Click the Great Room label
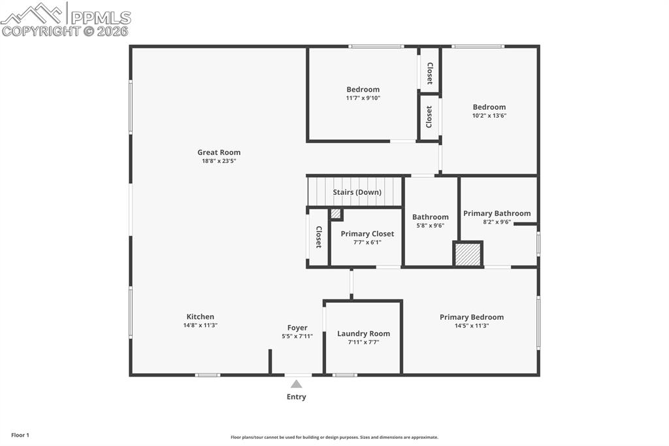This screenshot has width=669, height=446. [219, 152]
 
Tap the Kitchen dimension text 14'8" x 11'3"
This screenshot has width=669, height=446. [200, 325]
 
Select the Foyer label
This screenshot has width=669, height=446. [297, 328]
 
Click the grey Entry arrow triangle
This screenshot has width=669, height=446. [297, 384]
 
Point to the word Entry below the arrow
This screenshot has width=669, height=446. [296, 397]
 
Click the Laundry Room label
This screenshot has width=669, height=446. [363, 334]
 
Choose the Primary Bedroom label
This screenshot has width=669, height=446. [471, 317]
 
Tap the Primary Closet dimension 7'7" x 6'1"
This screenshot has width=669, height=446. [367, 242]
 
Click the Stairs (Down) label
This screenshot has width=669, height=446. [357, 192]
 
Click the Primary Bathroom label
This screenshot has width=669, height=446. [497, 213]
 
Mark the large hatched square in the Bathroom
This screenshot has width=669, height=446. [468, 254]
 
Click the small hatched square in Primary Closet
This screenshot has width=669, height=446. [335, 213]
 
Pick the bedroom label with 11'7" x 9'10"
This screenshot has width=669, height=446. [363, 90]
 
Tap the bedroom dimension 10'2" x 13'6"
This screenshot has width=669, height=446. [489, 116]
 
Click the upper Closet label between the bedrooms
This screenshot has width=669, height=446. [429, 73]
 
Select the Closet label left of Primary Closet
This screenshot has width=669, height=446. [318, 237]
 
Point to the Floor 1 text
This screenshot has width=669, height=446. [20, 435]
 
